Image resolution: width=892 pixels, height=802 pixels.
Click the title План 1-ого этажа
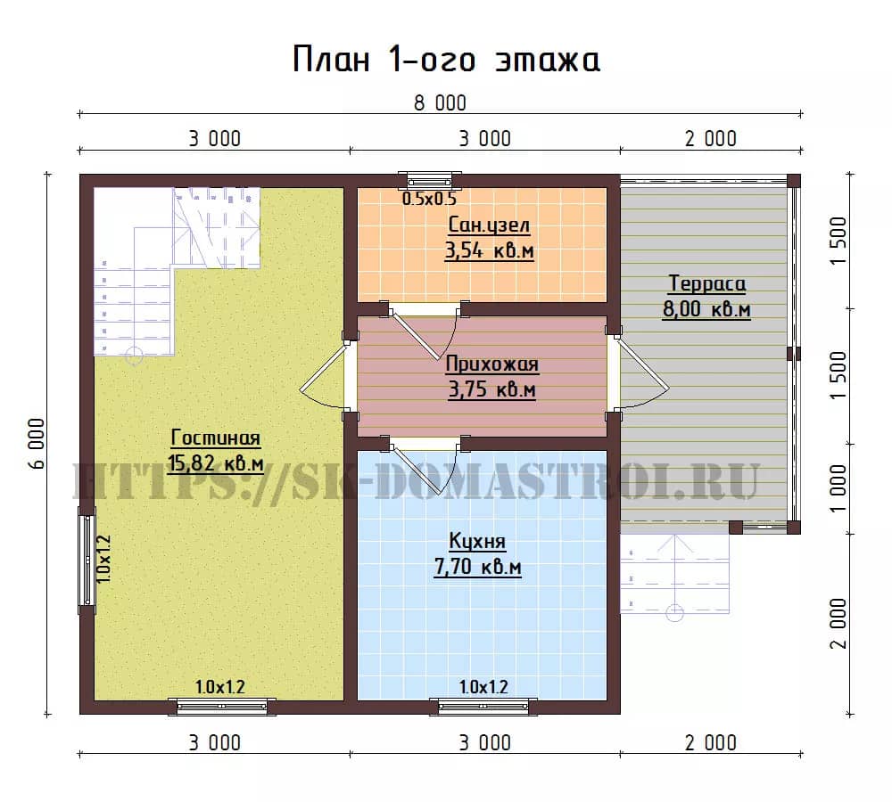click(x=446, y=59)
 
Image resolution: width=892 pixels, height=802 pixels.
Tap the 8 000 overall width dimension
click(x=440, y=103)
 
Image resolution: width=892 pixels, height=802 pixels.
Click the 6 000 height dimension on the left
click(x=37, y=444)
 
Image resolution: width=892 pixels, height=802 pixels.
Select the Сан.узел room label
click(x=489, y=225)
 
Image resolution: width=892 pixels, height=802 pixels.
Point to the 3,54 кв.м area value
click(x=489, y=250)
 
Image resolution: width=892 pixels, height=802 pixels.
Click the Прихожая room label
click(x=491, y=364)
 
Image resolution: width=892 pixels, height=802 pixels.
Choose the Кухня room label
click(x=477, y=541)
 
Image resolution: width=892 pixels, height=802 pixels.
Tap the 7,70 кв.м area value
click(x=478, y=568)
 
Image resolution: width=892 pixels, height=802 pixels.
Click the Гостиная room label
click(x=216, y=438)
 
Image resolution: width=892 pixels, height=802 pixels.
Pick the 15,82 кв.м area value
click(x=216, y=463)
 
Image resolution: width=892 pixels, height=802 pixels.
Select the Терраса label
click(x=707, y=283)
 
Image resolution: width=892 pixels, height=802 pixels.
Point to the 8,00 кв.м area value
click(x=706, y=309)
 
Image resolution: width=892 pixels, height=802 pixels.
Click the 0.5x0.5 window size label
click(x=430, y=199)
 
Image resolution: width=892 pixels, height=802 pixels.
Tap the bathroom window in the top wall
click(x=430, y=180)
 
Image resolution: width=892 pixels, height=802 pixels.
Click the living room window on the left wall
click(x=87, y=561)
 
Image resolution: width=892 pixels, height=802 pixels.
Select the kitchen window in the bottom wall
click(x=483, y=707)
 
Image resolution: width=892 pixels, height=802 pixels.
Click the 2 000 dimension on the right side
click(x=838, y=624)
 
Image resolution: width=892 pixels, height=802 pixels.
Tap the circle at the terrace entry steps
click(x=674, y=613)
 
